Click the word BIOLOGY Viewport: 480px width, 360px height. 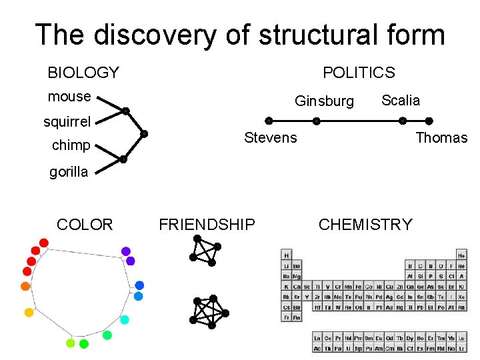[x=83, y=73]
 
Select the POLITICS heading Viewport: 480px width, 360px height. [x=359, y=73]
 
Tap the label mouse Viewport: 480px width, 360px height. [x=69, y=97]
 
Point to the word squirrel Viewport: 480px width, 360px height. [x=67, y=122]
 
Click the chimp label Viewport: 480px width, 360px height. [x=71, y=146]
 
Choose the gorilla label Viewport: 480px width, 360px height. [x=69, y=172]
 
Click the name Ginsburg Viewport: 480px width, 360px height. [x=325, y=101]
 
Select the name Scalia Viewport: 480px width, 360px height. [x=401, y=101]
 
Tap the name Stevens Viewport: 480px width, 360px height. [x=271, y=138]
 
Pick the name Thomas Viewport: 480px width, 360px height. [x=442, y=138]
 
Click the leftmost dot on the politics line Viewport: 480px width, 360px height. [x=269, y=121]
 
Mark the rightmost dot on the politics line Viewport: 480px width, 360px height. [x=429, y=121]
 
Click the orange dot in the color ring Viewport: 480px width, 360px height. [x=25, y=286]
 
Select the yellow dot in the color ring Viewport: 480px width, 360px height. [x=29, y=312]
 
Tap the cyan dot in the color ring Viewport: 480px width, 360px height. [x=124, y=319]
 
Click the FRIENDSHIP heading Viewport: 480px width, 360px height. [x=207, y=225]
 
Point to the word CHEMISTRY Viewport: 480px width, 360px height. [x=365, y=225]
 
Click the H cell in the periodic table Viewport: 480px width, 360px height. [x=287, y=255]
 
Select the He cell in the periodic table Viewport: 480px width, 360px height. [x=461, y=255]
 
